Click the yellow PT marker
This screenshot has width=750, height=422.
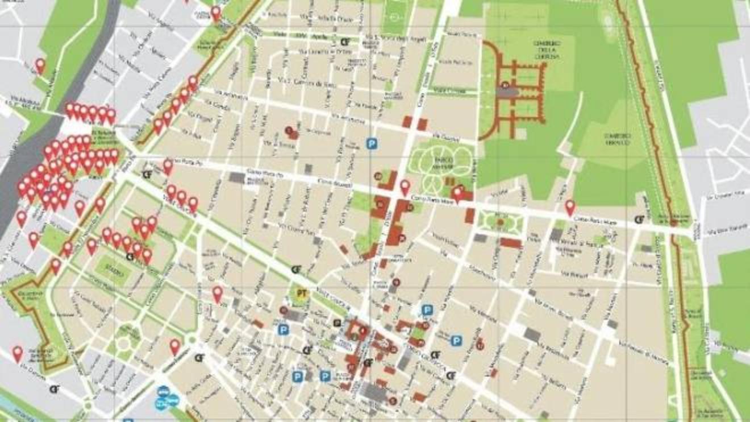pyautogui.click(x=301, y=293)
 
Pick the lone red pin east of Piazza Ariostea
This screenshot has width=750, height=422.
pyautogui.click(x=570, y=207)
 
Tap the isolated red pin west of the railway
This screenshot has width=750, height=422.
pyautogui.click(x=40, y=66)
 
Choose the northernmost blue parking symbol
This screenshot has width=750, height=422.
pyautogui.click(x=372, y=144)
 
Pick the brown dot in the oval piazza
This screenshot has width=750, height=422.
pyautogui.click(x=500, y=222)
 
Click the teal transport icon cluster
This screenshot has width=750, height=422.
pyautogui.click(x=165, y=396)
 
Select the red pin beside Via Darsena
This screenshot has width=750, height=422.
pyautogui.click(x=18, y=354)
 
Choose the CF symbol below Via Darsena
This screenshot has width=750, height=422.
pyautogui.click(x=55, y=389)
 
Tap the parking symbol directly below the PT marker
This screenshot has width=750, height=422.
pyautogui.click(x=282, y=329)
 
